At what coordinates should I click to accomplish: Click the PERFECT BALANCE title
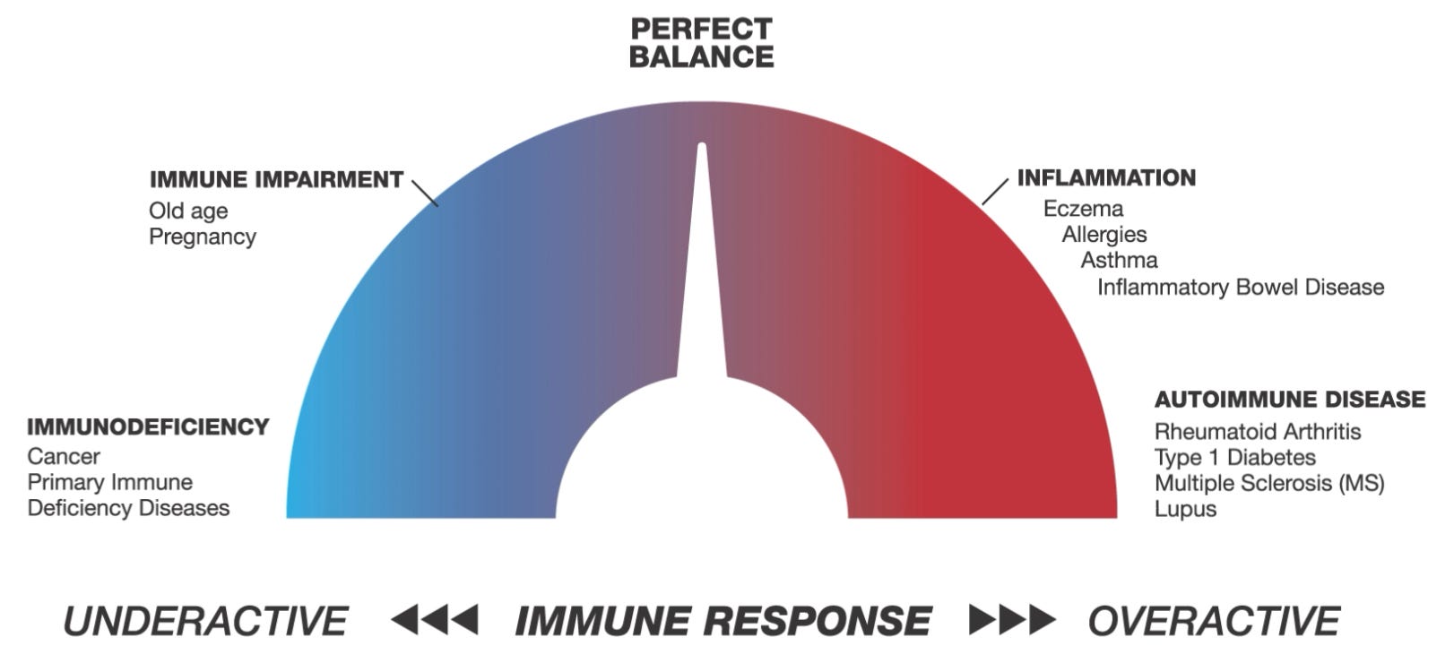(701, 43)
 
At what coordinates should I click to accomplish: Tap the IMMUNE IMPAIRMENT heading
(276, 179)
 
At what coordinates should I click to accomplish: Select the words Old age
(188, 211)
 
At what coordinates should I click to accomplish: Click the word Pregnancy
(203, 237)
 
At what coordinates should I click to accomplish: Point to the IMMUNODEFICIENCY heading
(148, 426)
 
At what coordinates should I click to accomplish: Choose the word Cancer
(64, 457)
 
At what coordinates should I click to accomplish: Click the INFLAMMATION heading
(1106, 177)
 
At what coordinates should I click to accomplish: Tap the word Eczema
(1083, 209)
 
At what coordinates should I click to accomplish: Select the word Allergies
(1104, 235)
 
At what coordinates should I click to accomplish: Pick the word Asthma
(1119, 261)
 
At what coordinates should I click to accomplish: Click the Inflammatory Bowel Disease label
(1241, 288)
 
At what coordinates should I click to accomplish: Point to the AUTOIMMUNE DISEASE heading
(1289, 399)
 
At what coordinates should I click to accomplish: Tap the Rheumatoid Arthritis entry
(1258, 432)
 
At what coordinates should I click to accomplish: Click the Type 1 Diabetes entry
(1234, 458)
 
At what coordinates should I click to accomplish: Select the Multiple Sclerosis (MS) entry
(1269, 484)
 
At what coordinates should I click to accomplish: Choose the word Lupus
(1185, 510)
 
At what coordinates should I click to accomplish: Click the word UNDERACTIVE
(205, 621)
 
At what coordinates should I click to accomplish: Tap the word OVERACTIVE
(1214, 621)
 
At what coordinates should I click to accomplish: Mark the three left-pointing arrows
(435, 619)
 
